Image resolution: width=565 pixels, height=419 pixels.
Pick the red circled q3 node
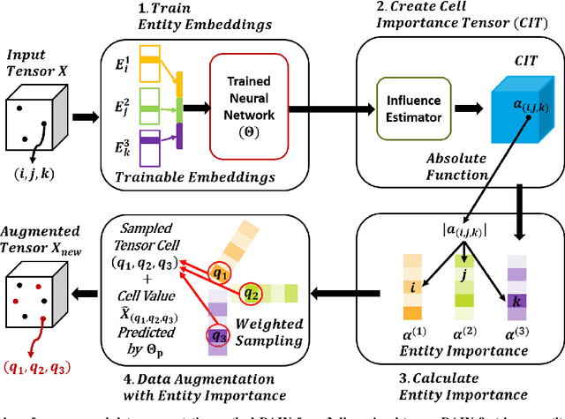click(218, 334)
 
